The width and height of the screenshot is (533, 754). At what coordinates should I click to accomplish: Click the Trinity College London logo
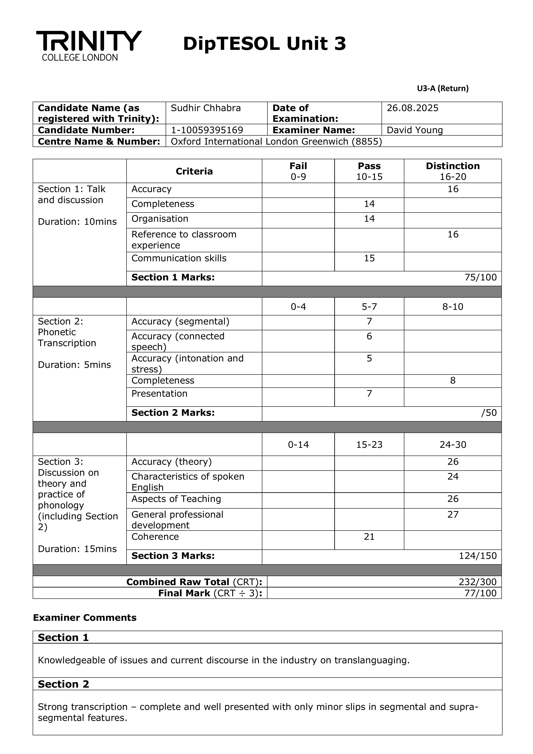89,45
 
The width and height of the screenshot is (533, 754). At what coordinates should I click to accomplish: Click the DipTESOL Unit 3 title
264,44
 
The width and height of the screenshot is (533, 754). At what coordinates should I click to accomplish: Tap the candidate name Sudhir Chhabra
206,108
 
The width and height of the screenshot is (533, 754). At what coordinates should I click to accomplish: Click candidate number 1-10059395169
207,130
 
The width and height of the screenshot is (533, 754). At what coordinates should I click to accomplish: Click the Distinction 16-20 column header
452,171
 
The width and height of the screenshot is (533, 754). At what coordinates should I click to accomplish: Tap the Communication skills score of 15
369,258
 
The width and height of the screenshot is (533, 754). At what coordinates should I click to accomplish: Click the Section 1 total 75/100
480,277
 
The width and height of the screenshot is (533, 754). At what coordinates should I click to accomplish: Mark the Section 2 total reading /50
489,413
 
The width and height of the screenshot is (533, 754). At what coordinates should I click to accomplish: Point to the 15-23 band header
369,444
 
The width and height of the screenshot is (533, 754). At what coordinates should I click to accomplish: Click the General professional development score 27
452,514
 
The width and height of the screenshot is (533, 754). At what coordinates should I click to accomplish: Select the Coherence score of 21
369,536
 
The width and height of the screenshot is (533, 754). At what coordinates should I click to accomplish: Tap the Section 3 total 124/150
478,556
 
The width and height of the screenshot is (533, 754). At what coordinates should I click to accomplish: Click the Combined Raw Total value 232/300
478,582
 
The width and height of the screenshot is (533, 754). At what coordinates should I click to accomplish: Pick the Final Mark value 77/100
480,593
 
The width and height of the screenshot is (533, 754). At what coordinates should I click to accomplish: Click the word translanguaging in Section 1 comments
372,660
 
